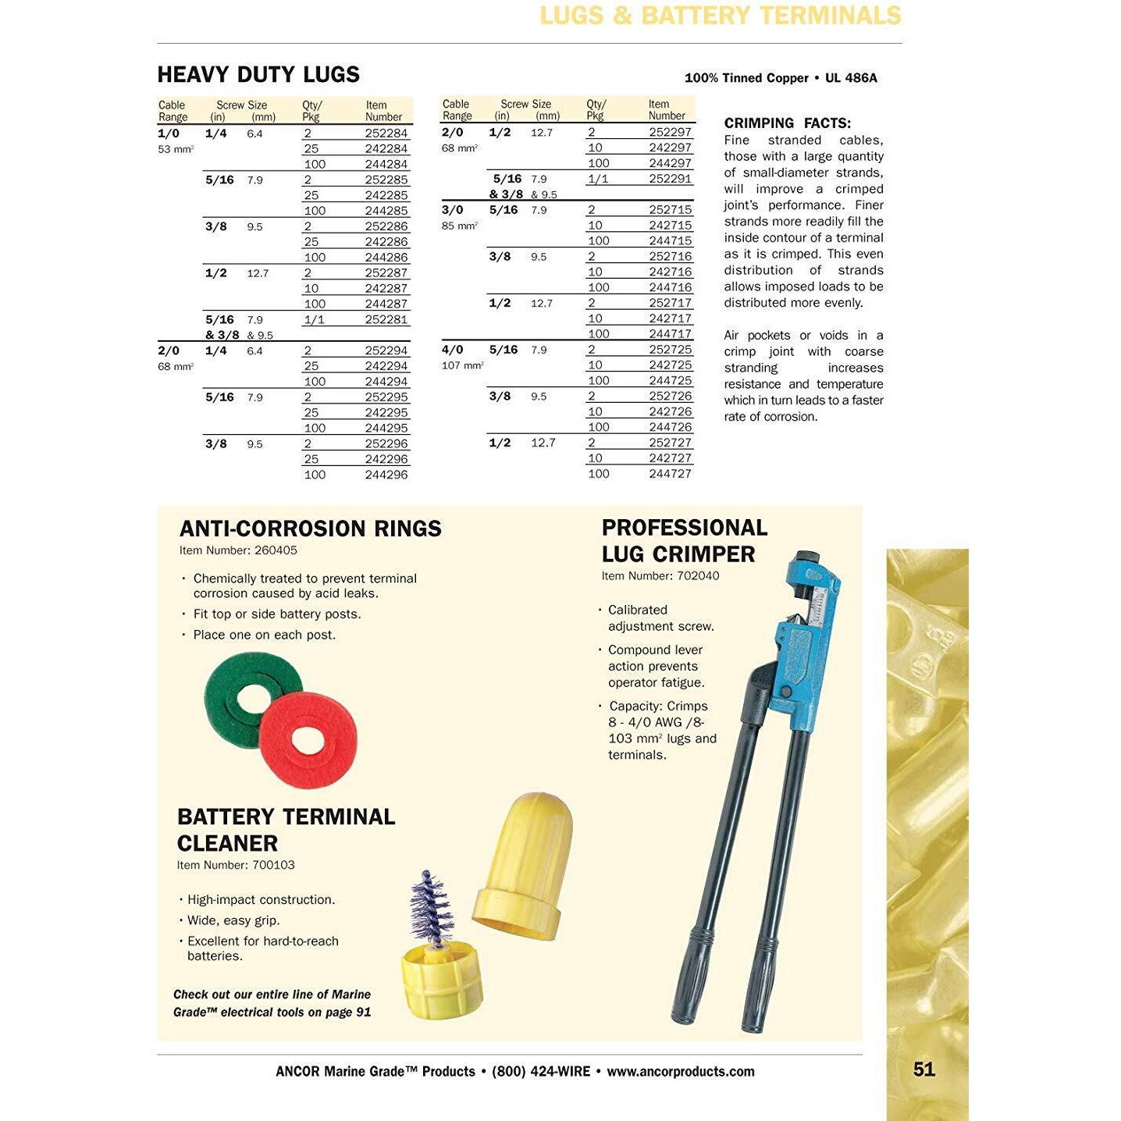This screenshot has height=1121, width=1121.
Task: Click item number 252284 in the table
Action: pos(386,133)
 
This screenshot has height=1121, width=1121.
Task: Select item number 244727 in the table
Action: pos(670,474)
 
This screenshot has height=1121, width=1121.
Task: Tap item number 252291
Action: pos(670,179)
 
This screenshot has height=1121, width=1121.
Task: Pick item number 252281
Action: pos(386,319)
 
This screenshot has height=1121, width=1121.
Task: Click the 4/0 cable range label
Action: pos(452,350)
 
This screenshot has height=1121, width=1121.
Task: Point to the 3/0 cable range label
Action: pos(452,210)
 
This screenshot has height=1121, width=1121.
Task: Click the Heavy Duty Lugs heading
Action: pos(258,75)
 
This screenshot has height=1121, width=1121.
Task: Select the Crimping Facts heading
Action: pos(787,123)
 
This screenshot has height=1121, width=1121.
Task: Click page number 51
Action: pos(923,1069)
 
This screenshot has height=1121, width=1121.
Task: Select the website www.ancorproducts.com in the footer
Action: pos(680,1072)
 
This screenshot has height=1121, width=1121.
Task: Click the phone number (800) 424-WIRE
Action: pos(540,1072)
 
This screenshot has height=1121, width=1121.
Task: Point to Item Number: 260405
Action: pos(238,550)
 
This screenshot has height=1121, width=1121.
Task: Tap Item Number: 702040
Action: pos(660,576)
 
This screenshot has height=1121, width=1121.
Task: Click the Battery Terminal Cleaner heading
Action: pos(286,830)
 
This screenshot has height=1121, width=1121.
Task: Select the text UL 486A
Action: pos(851,78)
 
